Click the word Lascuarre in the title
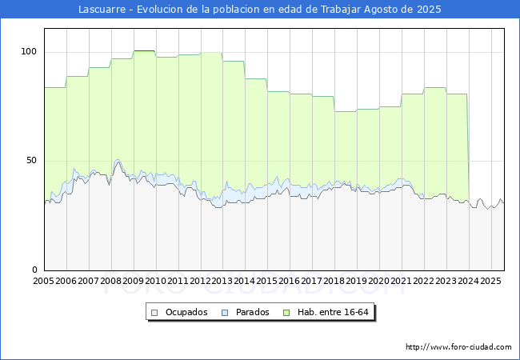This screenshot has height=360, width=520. [x=102, y=10]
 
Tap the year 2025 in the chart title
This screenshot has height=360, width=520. [x=429, y=10]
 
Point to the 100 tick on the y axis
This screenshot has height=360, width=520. [x=29, y=52]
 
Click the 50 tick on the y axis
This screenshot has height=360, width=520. [x=31, y=161]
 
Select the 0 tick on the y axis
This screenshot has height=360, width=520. [x=35, y=270]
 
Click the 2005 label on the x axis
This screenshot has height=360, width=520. [x=43, y=281]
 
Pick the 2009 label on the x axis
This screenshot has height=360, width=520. [x=133, y=281]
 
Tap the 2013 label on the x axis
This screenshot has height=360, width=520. [x=222, y=281]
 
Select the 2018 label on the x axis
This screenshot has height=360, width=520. [x=334, y=281]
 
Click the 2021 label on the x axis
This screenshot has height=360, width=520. [x=402, y=281]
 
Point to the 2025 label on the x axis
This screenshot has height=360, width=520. [x=490, y=281]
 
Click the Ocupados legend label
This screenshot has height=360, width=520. [x=186, y=312]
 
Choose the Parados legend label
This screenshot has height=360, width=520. [x=252, y=312]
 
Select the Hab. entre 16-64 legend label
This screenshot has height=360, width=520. [x=333, y=312]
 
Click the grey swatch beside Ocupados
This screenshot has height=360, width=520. [x=154, y=313]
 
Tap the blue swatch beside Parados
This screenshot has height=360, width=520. [x=225, y=313]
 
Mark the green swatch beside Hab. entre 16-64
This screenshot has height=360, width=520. [x=286, y=313]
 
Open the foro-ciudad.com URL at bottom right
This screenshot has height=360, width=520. [x=458, y=347]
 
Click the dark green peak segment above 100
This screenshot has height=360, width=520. [x=144, y=50]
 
